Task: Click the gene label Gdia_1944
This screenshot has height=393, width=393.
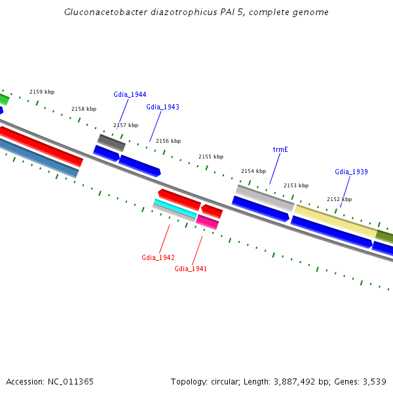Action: click(130, 94)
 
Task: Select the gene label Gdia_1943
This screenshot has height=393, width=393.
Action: click(162, 107)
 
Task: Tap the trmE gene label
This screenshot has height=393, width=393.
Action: click(280, 149)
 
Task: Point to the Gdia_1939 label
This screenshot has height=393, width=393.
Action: click(351, 172)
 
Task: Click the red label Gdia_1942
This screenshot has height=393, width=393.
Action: click(158, 257)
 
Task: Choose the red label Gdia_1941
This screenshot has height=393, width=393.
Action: click(191, 269)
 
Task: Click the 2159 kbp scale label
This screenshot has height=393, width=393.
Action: click(42, 92)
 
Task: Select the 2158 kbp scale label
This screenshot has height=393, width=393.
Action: click(84, 109)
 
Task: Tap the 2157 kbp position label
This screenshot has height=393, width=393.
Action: click(126, 125)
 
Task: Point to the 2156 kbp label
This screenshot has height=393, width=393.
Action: click(168, 141)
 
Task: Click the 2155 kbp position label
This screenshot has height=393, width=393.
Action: click(211, 157)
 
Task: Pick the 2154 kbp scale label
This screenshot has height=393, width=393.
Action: click(253, 171)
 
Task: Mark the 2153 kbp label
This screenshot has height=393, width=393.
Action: click(296, 185)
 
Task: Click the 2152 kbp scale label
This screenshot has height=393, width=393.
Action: click(339, 199)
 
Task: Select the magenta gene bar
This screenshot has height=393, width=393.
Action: click(208, 221)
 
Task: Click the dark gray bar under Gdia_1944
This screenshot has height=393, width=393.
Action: click(111, 142)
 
